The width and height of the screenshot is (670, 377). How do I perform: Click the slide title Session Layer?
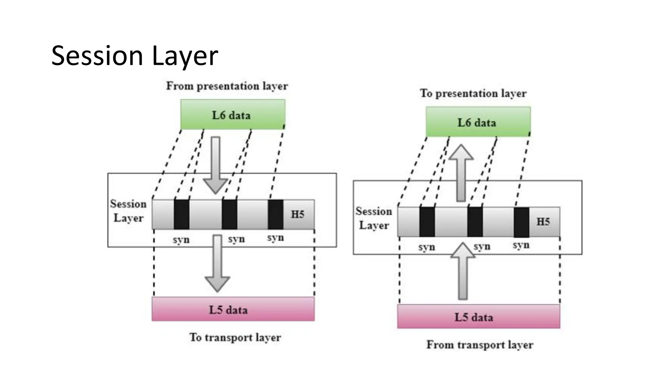(134, 56)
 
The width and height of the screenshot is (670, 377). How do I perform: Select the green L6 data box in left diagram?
(233, 115)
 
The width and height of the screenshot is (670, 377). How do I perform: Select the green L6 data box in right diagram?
(478, 122)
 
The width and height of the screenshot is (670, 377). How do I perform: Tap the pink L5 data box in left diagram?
(233, 309)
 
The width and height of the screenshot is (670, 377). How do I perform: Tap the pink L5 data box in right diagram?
(478, 316)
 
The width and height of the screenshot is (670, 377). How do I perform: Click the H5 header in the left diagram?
(298, 214)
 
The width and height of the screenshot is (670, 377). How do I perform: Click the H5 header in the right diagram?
(543, 222)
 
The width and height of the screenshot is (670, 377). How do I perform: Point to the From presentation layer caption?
(227, 86)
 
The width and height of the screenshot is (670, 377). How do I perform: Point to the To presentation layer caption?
(473, 93)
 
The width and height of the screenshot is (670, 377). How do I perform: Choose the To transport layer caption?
(235, 337)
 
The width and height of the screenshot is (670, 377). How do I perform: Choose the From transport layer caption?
(480, 345)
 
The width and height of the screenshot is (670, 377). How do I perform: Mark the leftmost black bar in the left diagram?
(181, 214)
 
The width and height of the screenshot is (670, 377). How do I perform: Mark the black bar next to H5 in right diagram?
(521, 222)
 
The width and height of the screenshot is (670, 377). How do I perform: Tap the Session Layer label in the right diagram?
(374, 218)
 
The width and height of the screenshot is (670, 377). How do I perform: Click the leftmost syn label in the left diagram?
(181, 240)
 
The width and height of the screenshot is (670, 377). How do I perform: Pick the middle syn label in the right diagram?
(482, 246)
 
